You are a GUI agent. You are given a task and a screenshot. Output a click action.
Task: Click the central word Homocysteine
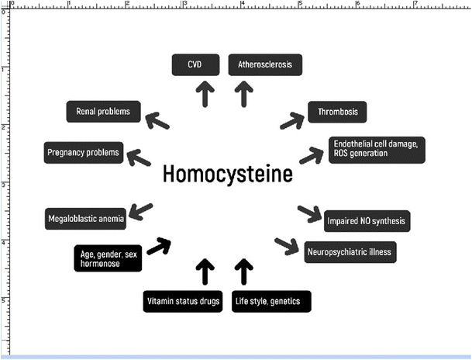(228, 174)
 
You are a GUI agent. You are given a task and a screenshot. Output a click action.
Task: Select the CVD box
(195, 64)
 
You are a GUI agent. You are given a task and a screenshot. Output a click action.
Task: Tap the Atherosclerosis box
(264, 64)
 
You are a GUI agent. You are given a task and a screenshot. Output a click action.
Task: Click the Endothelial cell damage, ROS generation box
(367, 149)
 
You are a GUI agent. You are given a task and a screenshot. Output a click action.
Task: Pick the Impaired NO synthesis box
(365, 220)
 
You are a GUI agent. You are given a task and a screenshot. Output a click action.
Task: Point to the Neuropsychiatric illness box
(350, 252)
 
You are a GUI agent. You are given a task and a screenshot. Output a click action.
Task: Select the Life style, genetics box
(271, 301)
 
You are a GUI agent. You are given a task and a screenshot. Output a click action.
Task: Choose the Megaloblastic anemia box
(84, 219)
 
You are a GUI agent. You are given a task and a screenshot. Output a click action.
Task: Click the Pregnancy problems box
(83, 152)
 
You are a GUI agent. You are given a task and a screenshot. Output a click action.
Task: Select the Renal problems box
(103, 112)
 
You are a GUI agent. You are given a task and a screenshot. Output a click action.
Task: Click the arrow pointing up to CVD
(205, 93)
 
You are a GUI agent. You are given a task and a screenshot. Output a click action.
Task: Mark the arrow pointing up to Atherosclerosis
(244, 93)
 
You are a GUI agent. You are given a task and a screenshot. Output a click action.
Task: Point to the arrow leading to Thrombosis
(292, 120)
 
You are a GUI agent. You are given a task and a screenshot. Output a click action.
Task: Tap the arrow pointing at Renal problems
(157, 120)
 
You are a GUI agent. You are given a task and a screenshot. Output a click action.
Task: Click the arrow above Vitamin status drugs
(205, 272)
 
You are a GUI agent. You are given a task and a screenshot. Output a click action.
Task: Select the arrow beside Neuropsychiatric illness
(287, 246)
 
